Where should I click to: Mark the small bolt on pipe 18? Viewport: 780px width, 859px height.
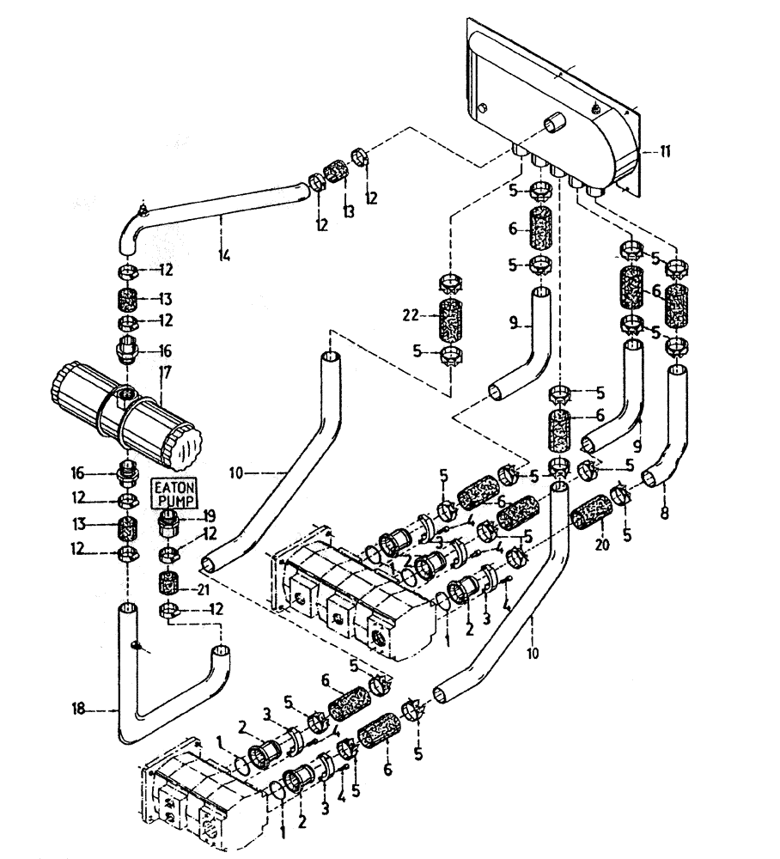tap(137, 644)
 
